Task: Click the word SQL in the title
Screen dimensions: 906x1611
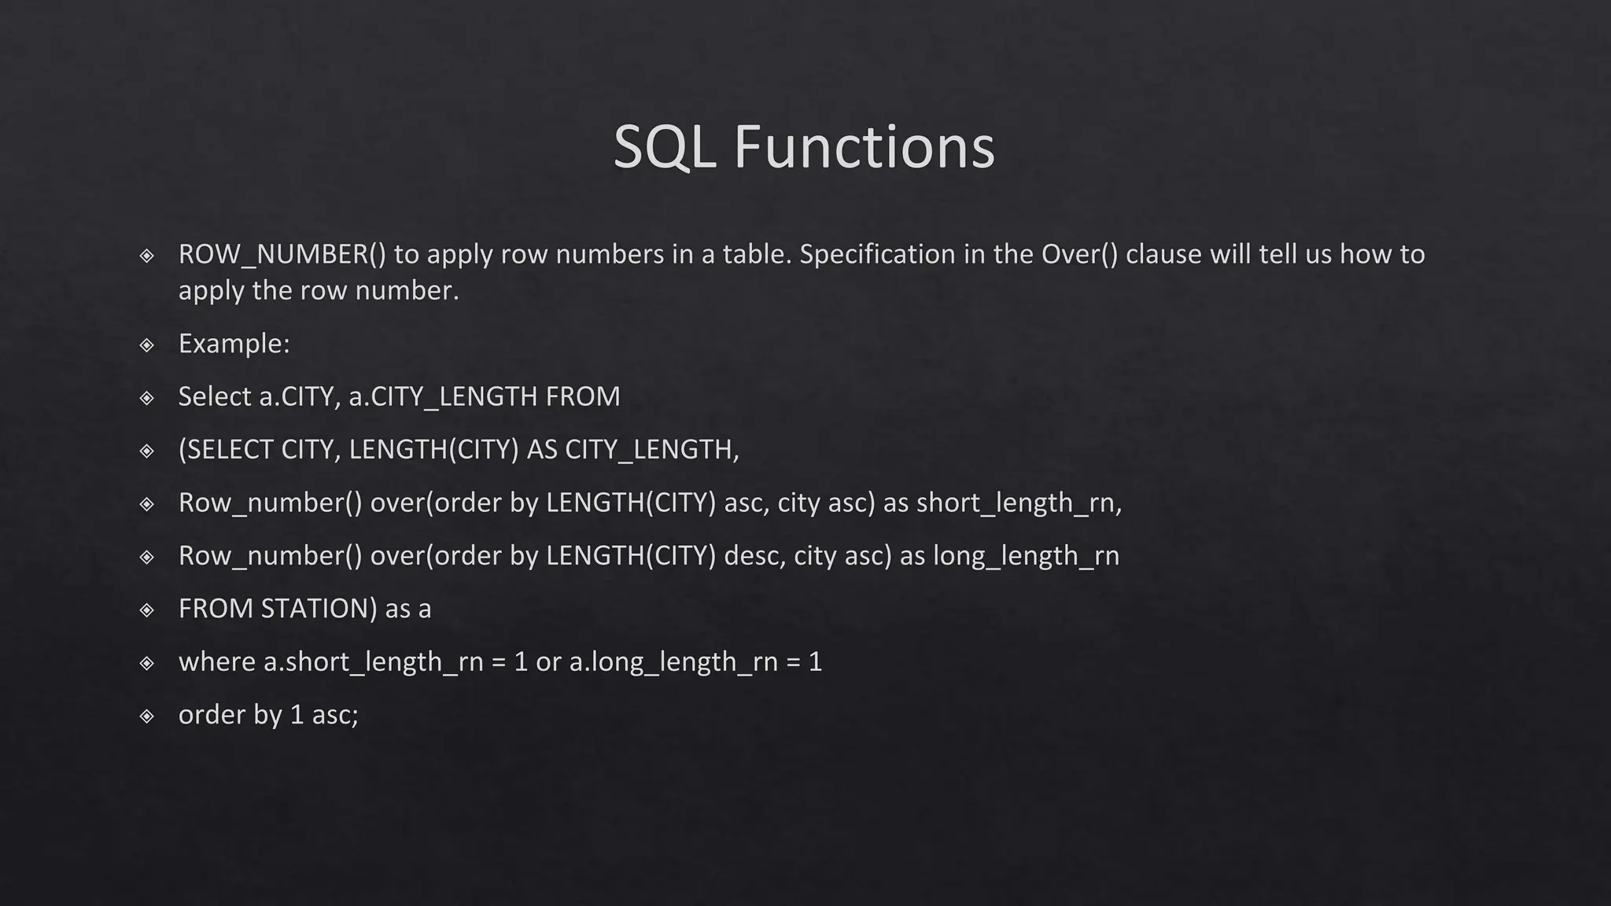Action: (664, 147)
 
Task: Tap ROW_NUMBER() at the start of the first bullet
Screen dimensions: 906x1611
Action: (282, 254)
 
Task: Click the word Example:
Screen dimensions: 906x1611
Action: (234, 344)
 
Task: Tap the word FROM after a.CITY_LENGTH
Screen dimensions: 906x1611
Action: (583, 396)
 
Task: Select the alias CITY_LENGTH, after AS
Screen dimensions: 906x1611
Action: (652, 449)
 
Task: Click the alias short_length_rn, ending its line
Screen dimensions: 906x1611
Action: (1019, 503)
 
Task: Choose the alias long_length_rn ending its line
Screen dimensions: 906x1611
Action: (1026, 555)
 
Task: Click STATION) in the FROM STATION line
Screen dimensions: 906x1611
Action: (319, 609)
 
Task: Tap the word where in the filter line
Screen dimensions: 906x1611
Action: (217, 661)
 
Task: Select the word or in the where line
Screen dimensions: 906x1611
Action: (548, 661)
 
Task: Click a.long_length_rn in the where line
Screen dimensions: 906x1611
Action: (673, 661)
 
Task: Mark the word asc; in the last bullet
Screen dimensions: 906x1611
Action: (335, 714)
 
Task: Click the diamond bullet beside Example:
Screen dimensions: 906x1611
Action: (147, 344)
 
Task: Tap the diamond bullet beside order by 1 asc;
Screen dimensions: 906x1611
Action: (147, 716)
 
